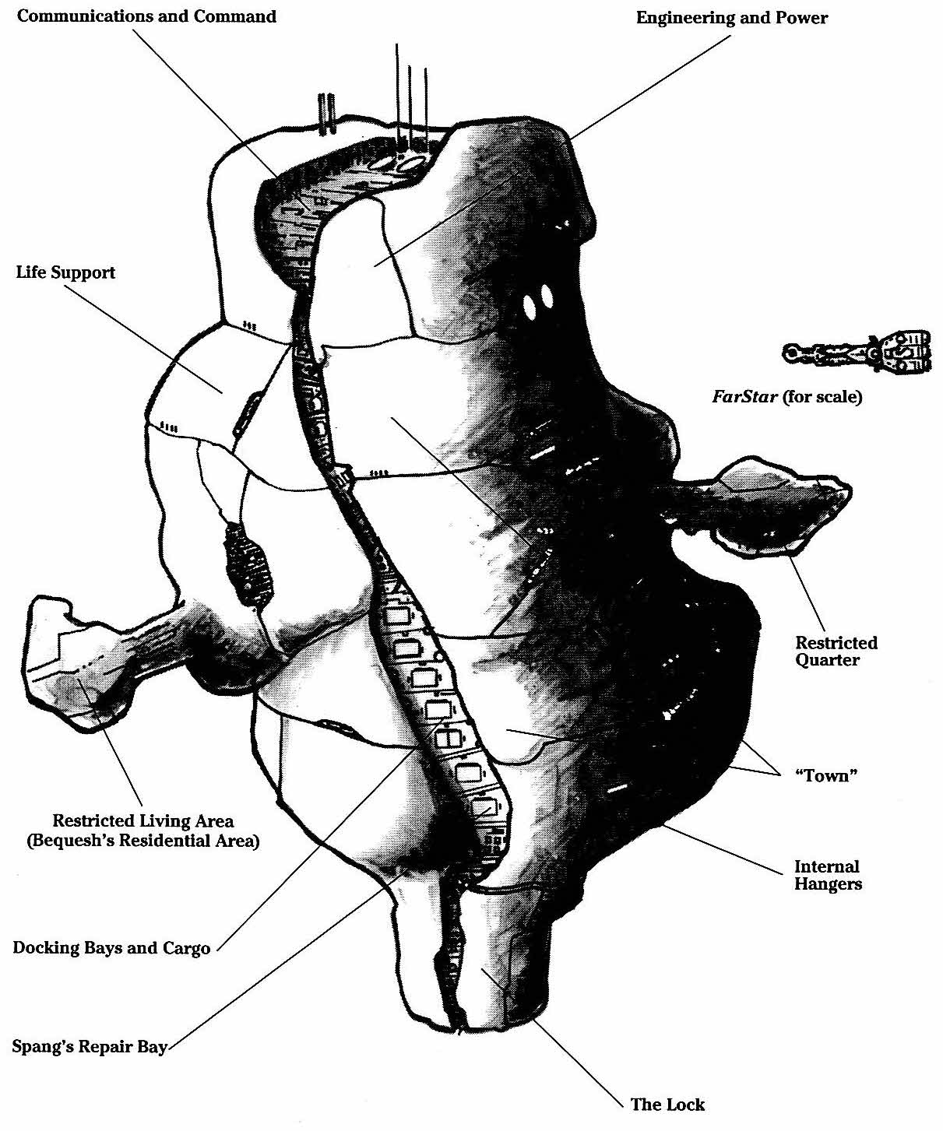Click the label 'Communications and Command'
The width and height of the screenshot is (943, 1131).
coord(146,16)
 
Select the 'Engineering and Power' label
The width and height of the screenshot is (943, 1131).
coord(731,18)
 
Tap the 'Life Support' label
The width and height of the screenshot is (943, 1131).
coord(65,272)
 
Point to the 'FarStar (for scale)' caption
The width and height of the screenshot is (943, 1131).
coord(786,396)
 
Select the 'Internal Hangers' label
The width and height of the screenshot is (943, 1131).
coord(828,875)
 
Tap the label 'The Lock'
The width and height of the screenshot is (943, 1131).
coord(667,1104)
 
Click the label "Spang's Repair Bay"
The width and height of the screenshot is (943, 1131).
coord(90,1046)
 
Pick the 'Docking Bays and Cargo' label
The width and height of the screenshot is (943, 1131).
coord(111,948)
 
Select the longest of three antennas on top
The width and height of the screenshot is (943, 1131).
coord(398,93)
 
